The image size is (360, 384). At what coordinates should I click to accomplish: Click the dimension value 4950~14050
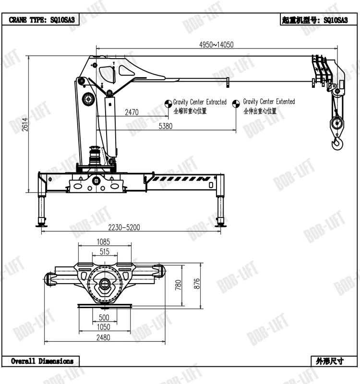[216, 45]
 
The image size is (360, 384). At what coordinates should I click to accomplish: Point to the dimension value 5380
[165, 126]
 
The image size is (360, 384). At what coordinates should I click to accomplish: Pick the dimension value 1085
[104, 241]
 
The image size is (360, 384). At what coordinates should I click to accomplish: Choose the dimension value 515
[104, 252]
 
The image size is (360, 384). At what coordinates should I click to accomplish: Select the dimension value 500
[104, 317]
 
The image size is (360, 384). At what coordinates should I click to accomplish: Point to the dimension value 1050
[104, 327]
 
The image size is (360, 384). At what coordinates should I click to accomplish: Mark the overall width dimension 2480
[103, 337]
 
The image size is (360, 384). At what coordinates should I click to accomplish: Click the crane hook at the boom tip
[337, 142]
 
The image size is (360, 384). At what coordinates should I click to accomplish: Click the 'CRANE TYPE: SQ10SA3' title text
[42, 20]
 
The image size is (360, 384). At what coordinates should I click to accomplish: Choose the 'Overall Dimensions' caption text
[42, 361]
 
